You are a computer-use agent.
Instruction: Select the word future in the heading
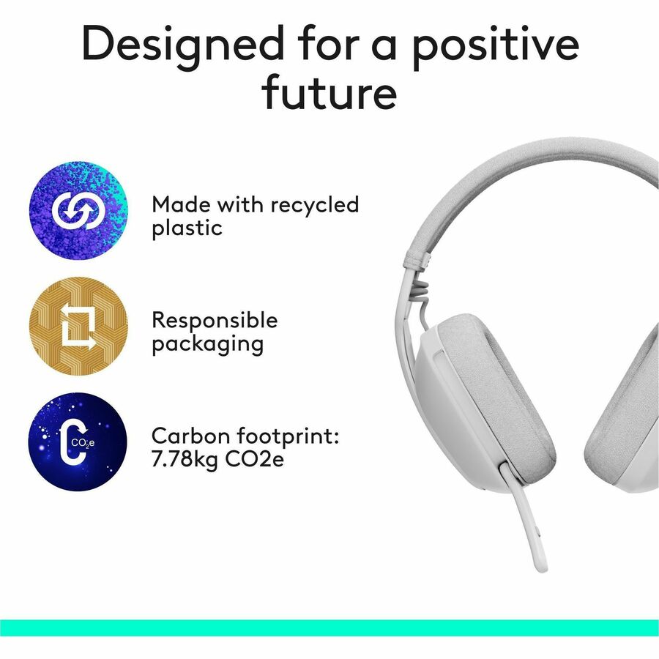coord(329,93)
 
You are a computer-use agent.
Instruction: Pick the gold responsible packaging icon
coord(78,326)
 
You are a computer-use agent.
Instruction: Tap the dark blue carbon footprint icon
coord(78,442)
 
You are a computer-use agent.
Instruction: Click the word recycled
coord(316,206)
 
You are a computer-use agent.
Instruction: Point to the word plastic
coord(187,228)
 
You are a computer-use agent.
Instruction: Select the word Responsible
coord(215,320)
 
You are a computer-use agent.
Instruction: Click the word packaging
coord(207,343)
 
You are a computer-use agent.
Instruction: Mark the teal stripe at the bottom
coord(329,628)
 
